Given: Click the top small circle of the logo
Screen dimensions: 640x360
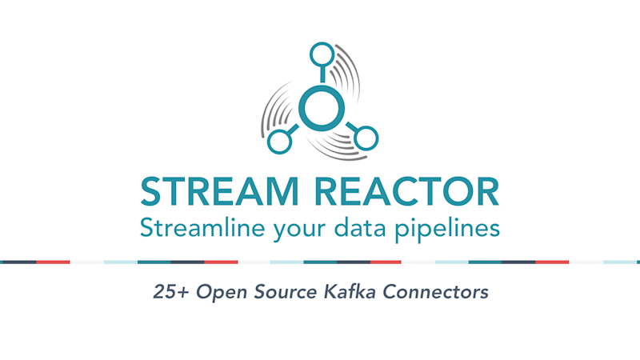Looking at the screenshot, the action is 322,54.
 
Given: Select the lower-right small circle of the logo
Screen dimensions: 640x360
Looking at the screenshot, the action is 366,138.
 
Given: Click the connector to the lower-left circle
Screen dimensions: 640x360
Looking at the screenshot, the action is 293,130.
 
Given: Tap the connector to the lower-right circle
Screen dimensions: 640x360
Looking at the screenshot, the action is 350,127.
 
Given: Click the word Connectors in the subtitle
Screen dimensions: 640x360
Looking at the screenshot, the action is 429,293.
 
